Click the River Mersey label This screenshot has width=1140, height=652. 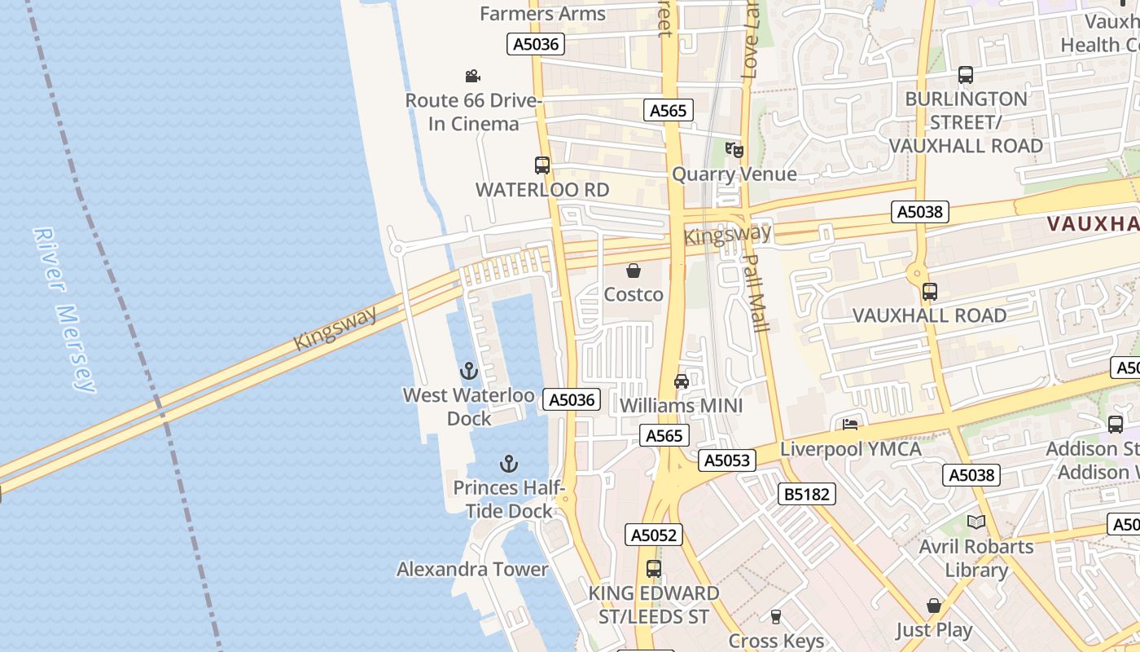[65, 310]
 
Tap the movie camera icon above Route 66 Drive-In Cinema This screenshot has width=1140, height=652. [472, 77]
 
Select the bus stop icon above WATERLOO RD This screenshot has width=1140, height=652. [542, 165]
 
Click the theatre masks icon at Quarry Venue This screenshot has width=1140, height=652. [734, 150]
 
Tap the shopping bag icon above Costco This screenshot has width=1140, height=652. [634, 271]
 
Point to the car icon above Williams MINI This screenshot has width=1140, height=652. [682, 381]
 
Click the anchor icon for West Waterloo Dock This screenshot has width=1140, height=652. [468, 372]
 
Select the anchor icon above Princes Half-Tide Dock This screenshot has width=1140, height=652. [509, 465]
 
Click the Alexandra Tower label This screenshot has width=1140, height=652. [472, 569]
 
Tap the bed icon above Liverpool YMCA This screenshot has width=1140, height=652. [850, 425]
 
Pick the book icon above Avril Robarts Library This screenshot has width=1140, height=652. [976, 522]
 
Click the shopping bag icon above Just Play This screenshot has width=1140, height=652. [934, 606]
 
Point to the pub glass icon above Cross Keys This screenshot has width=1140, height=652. [776, 617]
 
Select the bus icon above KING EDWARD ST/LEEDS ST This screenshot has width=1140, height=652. [654, 569]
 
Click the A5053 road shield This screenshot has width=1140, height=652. [726, 460]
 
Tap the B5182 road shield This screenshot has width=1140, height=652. [807, 494]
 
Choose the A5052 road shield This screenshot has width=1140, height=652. [654, 535]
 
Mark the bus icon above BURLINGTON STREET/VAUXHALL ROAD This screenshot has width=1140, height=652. [966, 75]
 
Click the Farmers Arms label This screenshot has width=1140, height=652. [542, 13]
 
